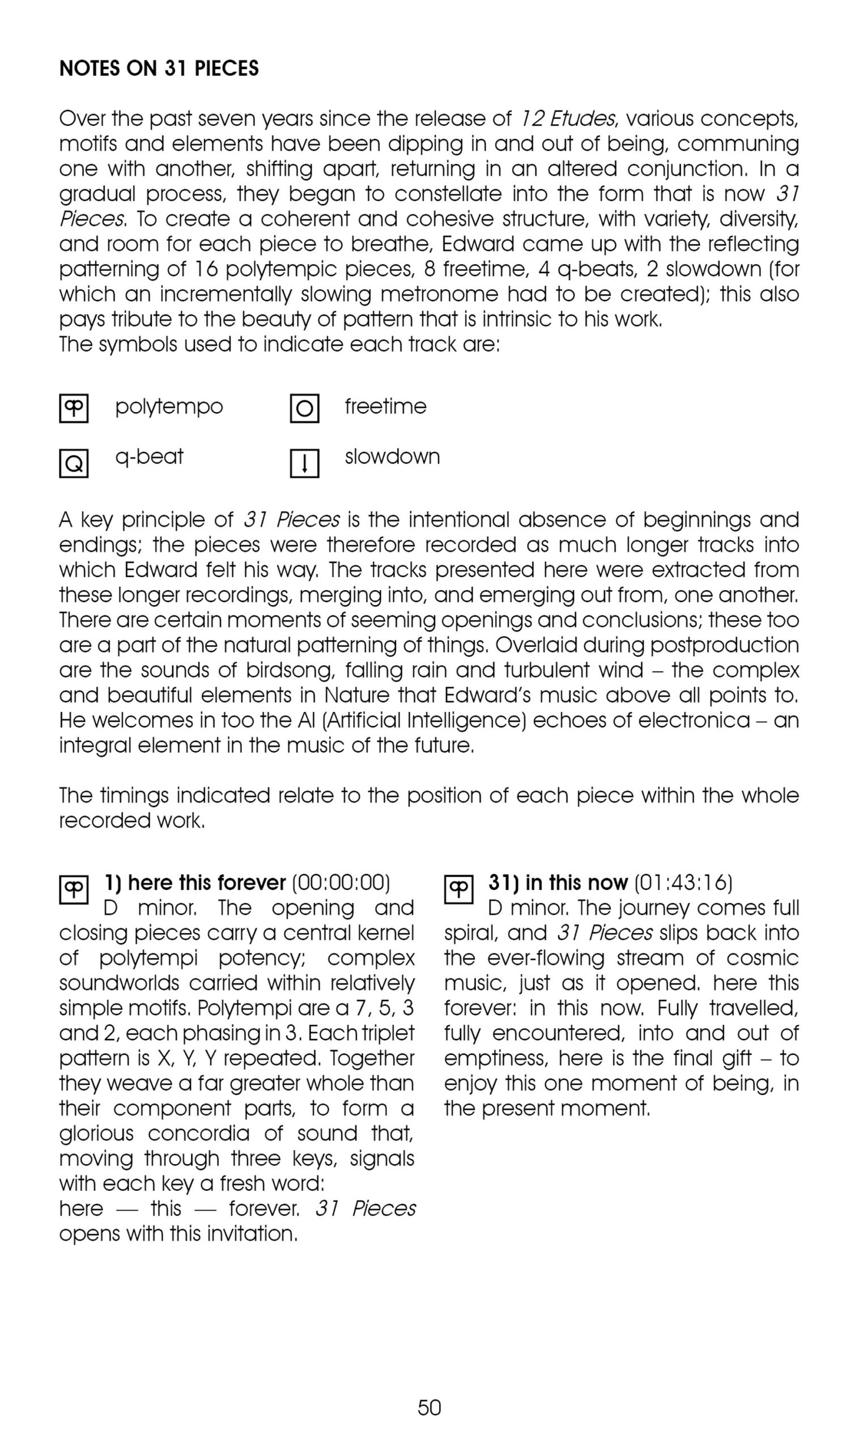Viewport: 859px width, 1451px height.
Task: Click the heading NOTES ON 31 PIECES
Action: [x=159, y=69]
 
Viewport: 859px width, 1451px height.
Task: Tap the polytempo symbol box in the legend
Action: [x=74, y=408]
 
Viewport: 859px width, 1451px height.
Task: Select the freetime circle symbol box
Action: [x=304, y=408]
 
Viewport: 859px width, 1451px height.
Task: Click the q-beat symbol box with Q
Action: [x=74, y=463]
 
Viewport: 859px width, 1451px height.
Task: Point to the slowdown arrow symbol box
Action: [x=304, y=463]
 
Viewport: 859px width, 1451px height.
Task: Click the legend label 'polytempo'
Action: [x=168, y=406]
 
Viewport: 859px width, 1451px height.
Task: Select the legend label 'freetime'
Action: [x=385, y=406]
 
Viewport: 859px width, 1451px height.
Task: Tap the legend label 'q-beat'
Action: [x=149, y=457]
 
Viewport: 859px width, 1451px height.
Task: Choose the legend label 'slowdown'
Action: [x=392, y=457]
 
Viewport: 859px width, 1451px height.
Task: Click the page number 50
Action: [x=429, y=1407]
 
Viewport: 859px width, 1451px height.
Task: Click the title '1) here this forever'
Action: [x=195, y=883]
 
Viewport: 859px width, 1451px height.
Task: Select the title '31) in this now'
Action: [x=558, y=883]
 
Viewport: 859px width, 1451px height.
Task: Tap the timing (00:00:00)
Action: [x=341, y=883]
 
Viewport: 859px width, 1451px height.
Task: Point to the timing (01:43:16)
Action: [x=683, y=883]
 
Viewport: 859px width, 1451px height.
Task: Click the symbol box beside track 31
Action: [x=458, y=889]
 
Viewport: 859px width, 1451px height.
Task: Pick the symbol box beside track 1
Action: [x=74, y=889]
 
